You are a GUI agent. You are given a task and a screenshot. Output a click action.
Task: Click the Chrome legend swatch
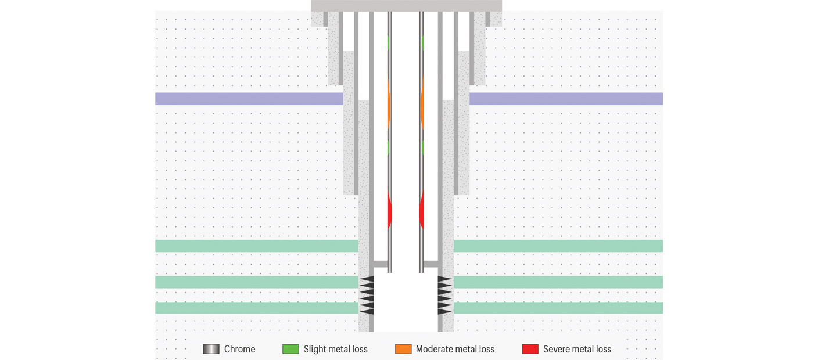[x=211, y=349]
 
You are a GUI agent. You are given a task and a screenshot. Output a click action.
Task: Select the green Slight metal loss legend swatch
[x=290, y=349]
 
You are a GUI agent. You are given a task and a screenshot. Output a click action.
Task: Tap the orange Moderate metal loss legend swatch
[x=403, y=349]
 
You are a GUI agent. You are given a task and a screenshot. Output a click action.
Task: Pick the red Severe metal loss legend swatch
[x=530, y=349]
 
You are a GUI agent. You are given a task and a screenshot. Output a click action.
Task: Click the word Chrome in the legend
[x=239, y=349]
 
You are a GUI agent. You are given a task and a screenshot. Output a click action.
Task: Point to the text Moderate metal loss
[x=455, y=349]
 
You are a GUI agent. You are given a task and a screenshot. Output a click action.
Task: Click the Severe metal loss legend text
[x=577, y=349]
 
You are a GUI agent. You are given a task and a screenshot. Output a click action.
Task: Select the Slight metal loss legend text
[x=335, y=349]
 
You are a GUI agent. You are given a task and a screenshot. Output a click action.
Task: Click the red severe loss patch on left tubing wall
[x=390, y=210]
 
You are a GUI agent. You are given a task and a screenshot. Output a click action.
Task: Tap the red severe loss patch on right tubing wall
[x=422, y=210]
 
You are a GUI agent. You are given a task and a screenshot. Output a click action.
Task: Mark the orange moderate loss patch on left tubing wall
[x=389, y=103]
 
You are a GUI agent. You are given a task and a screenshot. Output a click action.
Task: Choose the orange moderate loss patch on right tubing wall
[x=422, y=103]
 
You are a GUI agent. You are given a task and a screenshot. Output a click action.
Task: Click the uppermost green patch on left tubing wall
[x=388, y=42]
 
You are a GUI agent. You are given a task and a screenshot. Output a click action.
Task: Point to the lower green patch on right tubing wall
[x=422, y=147]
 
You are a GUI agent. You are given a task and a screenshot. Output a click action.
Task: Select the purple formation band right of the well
[x=566, y=99]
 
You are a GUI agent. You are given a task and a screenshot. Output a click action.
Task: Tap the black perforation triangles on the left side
[x=367, y=296]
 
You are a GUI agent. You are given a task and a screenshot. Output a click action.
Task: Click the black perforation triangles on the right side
[x=444, y=296]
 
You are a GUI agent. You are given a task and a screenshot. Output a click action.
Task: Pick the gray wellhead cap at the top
[x=406, y=6]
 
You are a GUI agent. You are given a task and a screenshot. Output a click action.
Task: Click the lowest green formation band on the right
[x=558, y=308]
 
